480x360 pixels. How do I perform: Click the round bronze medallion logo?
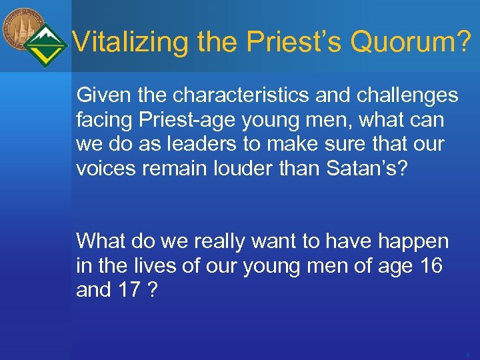point(23,29)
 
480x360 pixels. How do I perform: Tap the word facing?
point(103,121)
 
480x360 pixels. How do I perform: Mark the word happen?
point(413,241)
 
